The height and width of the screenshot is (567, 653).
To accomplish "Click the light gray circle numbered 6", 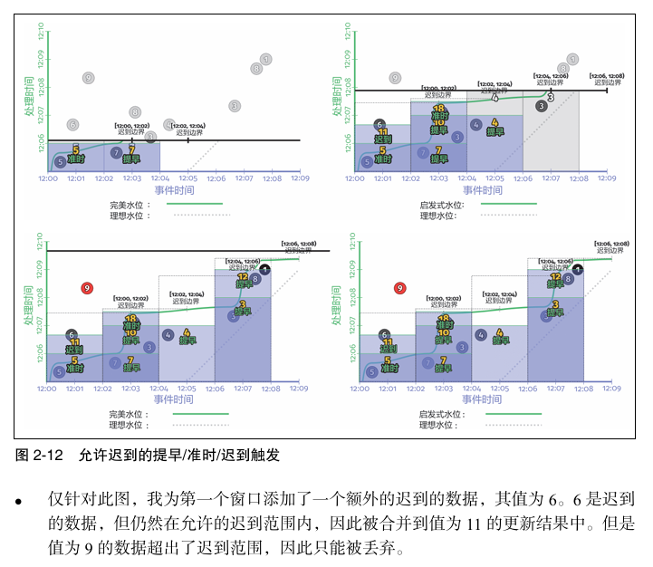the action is point(72,124).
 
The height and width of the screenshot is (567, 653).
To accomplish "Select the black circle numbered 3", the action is point(541,105).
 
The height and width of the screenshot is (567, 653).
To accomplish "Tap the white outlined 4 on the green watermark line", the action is point(495,97).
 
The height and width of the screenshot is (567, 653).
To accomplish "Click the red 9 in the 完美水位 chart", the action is point(87,288).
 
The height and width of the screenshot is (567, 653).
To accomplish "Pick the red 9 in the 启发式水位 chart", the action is point(399,288).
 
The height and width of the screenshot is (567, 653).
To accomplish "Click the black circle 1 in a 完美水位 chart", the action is point(264,269).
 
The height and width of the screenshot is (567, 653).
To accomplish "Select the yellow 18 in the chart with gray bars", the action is point(438,109).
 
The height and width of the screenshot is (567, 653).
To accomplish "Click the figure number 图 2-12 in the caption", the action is point(38,456).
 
